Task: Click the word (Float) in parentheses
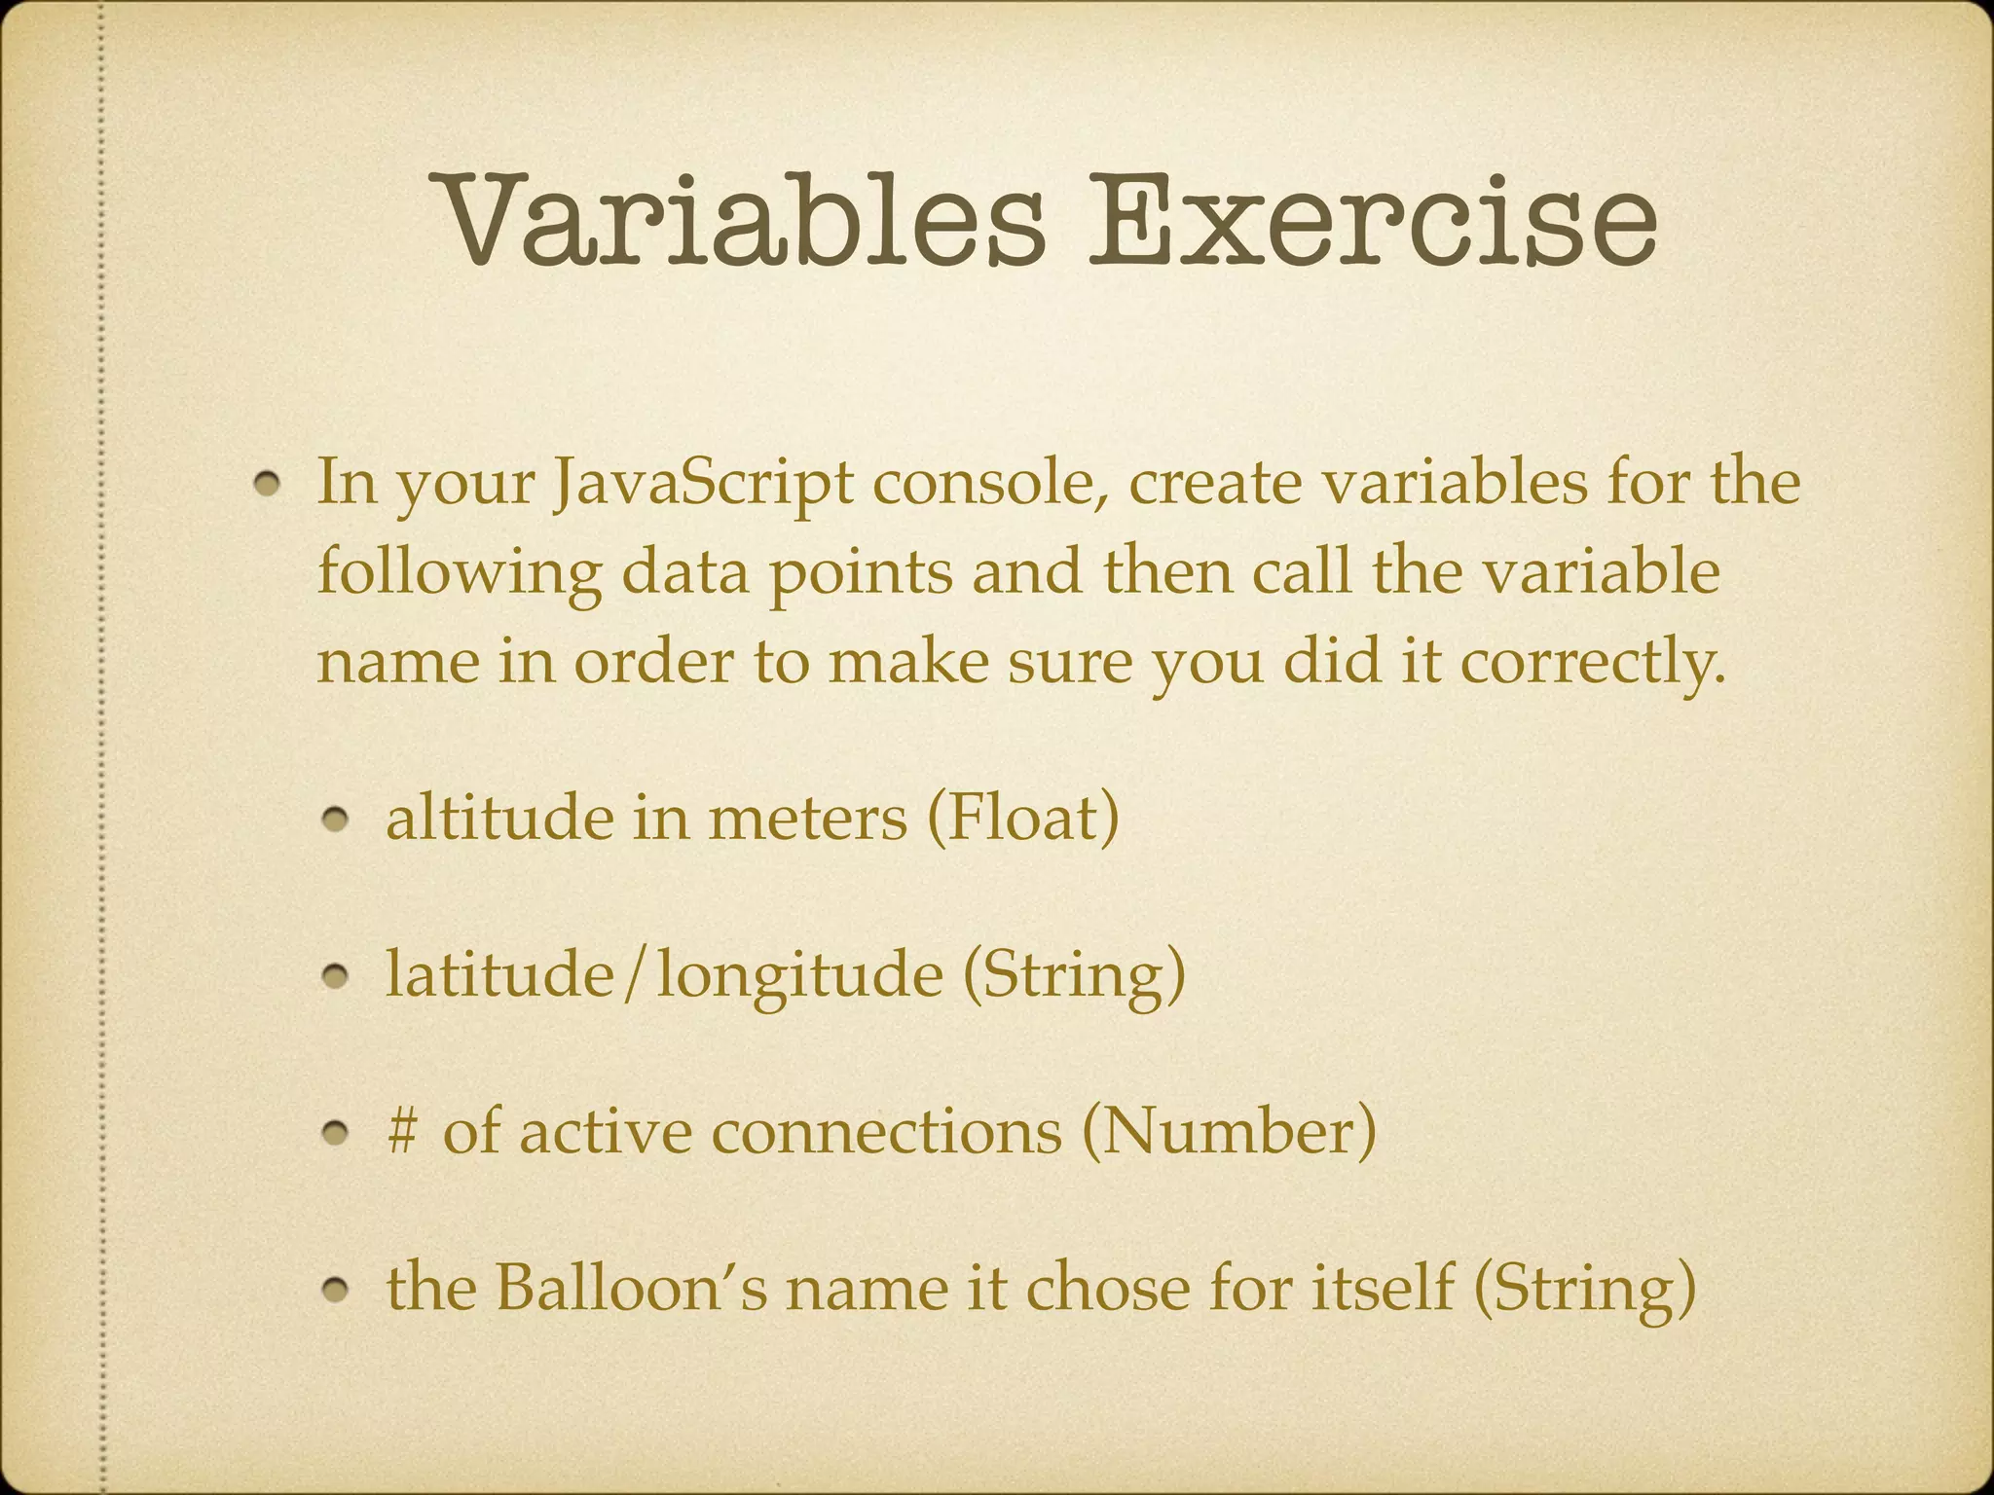[1022, 818]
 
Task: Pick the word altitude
[498, 818]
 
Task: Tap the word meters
[807, 818]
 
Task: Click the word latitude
[498, 974]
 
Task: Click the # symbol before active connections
[401, 1131]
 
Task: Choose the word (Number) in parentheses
[1229, 1131]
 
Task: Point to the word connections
[886, 1131]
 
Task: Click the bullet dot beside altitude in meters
[337, 822]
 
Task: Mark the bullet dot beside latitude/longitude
[337, 978]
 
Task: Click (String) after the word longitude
[1074, 974]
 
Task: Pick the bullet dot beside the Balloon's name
[337, 1292]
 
